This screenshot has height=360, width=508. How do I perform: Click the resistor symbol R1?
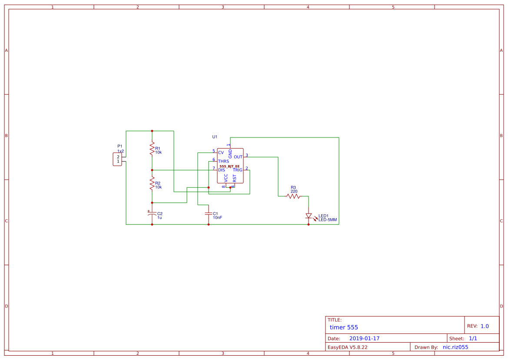(152, 148)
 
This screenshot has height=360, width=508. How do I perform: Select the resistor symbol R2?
(152, 183)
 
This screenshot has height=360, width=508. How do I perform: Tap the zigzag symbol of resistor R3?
(293, 196)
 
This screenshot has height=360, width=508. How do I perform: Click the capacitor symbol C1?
(209, 214)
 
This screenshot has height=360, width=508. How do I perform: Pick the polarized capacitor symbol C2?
(152, 214)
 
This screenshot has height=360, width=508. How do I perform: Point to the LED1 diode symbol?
(309, 216)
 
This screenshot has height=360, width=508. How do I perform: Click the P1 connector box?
(117, 159)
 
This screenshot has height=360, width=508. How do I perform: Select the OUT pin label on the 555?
(238, 157)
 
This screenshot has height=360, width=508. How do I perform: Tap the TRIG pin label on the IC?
(238, 170)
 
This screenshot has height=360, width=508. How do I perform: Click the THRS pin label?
(223, 161)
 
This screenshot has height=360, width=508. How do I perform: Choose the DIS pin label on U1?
(222, 170)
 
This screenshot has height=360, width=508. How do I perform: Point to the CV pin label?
(221, 153)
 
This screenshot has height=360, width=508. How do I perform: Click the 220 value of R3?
(294, 191)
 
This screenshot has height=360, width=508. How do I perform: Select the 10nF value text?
(218, 217)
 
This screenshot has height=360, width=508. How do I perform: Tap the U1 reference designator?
(215, 137)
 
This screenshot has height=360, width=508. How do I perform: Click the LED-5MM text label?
(328, 220)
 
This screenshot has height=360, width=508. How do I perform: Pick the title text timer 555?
(344, 327)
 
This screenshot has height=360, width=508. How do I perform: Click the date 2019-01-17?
(365, 338)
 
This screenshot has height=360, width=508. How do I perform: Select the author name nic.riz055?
(455, 347)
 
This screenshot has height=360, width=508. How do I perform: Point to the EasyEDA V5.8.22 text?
(347, 347)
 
